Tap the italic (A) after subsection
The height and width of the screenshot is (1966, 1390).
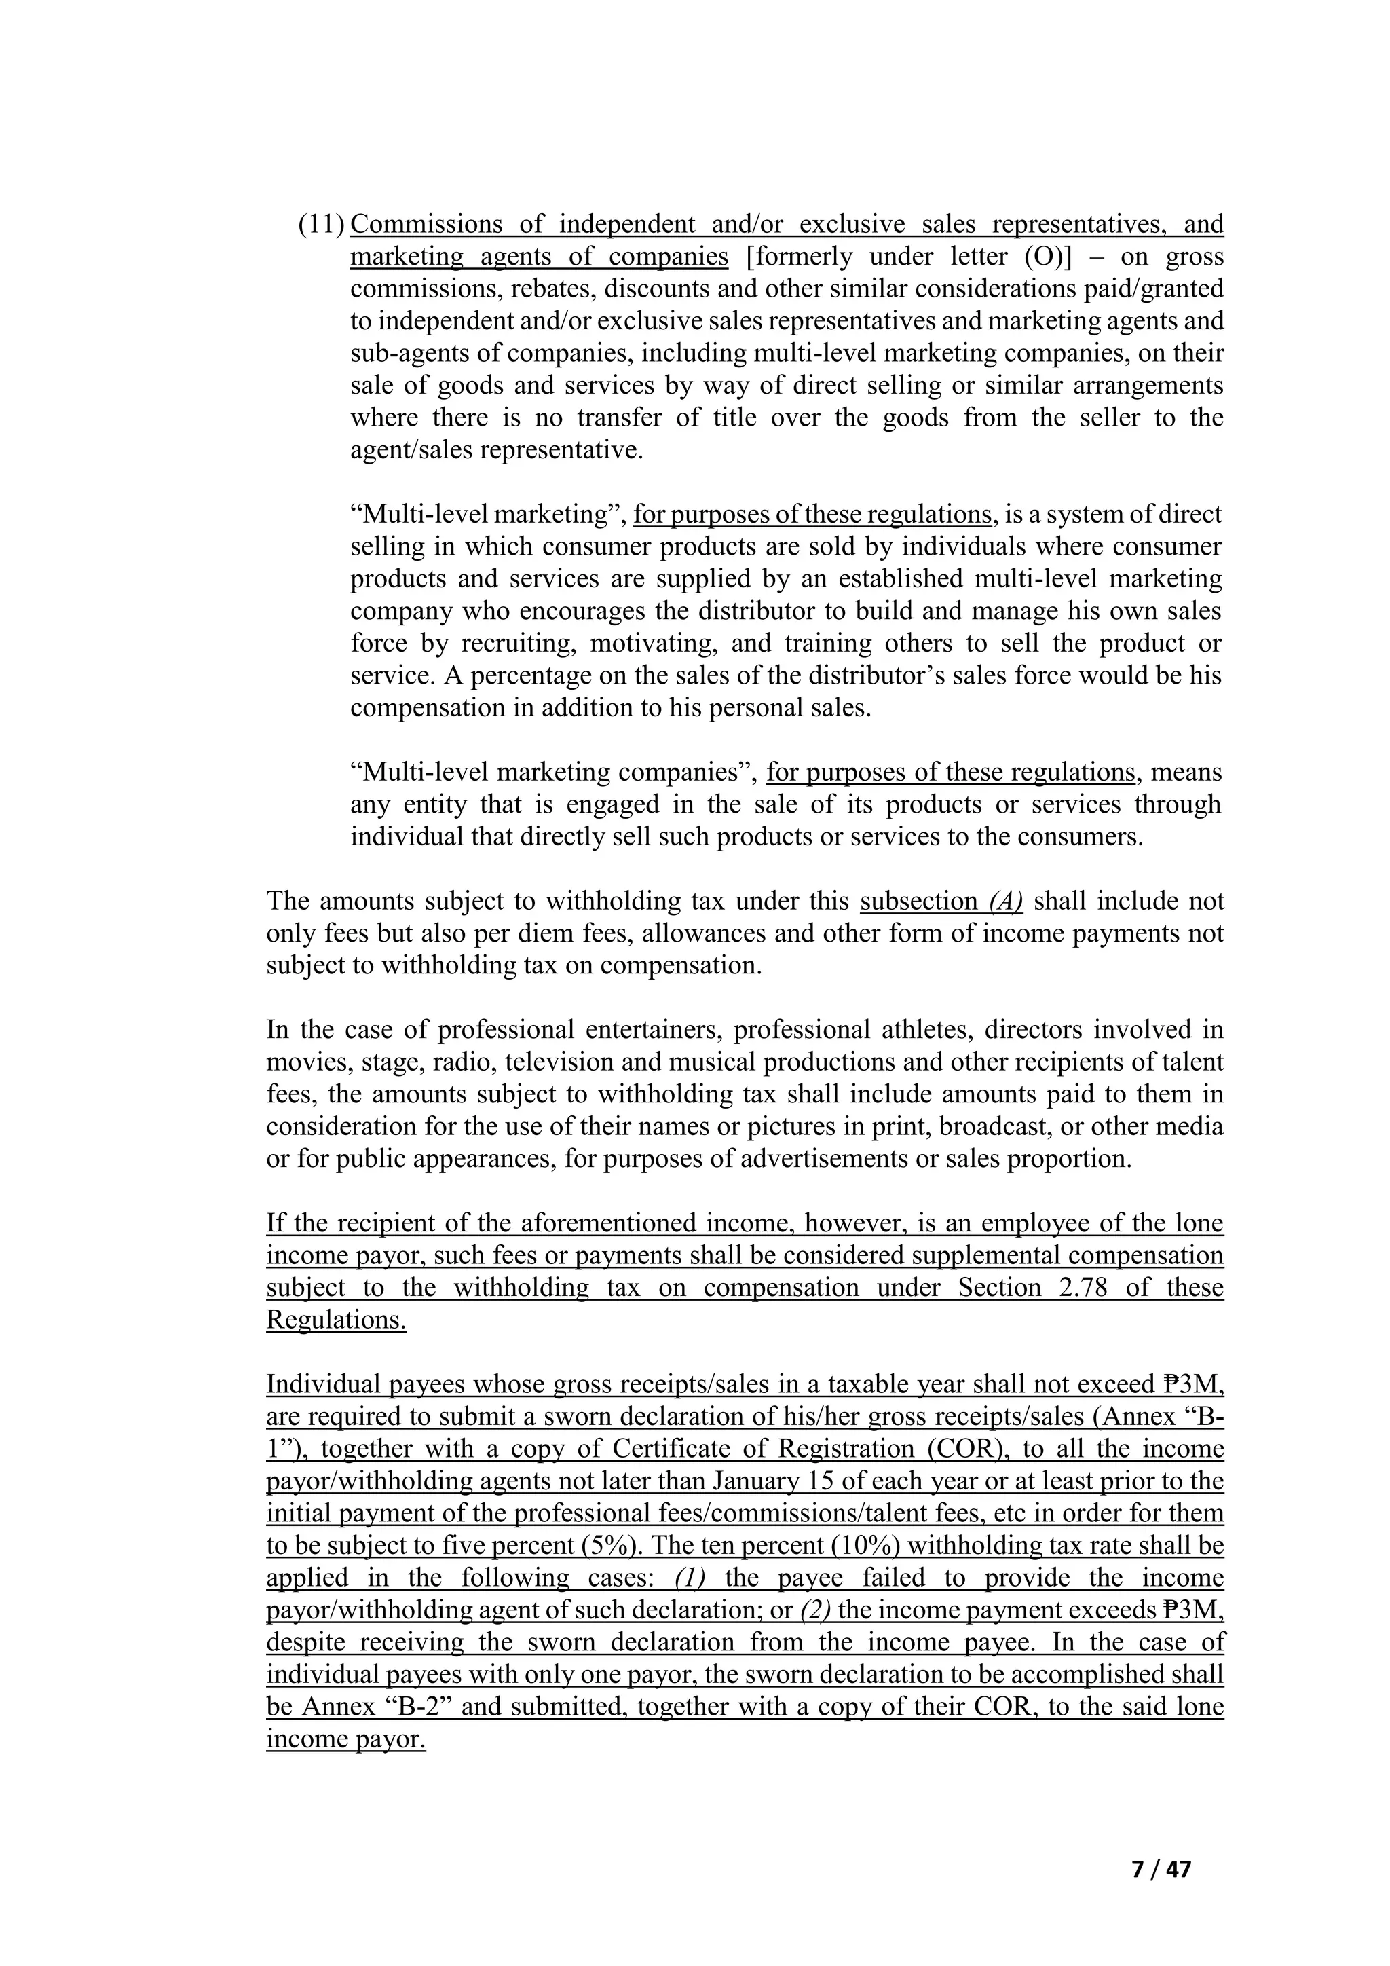(x=1006, y=902)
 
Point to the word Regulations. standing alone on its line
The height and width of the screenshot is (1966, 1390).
(x=337, y=1320)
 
